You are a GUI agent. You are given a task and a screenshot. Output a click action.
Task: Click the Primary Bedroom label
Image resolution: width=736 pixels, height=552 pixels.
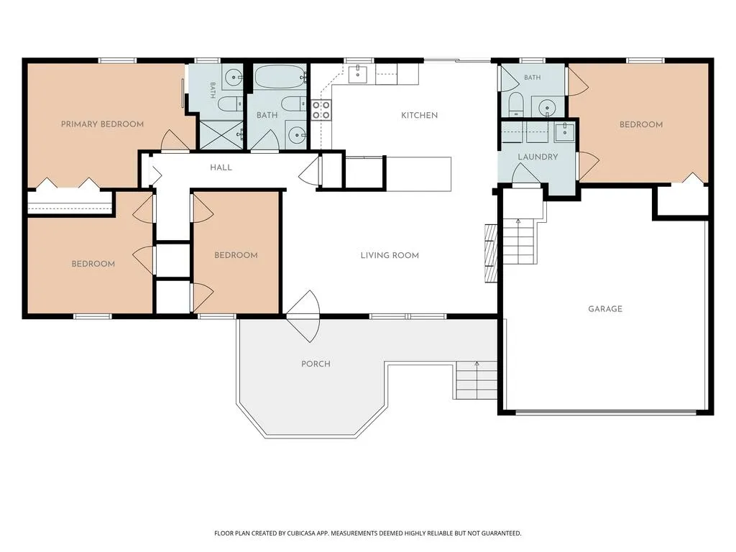pyautogui.click(x=102, y=124)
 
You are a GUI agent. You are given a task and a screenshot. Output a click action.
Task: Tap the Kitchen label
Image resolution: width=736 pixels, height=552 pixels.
pyautogui.click(x=419, y=116)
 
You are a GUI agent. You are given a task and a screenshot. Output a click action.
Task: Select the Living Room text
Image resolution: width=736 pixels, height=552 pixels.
pyautogui.click(x=390, y=255)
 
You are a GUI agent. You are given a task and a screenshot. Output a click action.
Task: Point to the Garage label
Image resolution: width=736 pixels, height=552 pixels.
pyautogui.click(x=605, y=309)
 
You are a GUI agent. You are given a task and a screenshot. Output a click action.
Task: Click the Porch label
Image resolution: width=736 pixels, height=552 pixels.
pyautogui.click(x=316, y=364)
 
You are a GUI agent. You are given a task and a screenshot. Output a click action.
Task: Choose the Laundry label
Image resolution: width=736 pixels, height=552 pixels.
pyautogui.click(x=538, y=157)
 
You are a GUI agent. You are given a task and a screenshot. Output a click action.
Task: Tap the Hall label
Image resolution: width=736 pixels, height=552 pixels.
pyautogui.click(x=221, y=167)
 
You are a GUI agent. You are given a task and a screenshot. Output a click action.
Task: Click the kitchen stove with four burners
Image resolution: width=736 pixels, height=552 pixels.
pyautogui.click(x=321, y=110)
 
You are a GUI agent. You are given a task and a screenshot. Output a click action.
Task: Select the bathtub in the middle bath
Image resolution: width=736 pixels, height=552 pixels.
pyautogui.click(x=280, y=76)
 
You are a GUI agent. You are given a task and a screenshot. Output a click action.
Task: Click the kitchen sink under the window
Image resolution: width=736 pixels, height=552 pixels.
pyautogui.click(x=358, y=74)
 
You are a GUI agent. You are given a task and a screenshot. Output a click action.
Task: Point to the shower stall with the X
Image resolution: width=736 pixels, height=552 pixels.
pyautogui.click(x=221, y=135)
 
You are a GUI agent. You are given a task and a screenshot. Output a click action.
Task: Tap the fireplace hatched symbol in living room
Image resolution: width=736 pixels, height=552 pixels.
pyautogui.click(x=491, y=254)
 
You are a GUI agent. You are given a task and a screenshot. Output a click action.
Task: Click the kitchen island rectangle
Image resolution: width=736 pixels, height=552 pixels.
pyautogui.click(x=418, y=174)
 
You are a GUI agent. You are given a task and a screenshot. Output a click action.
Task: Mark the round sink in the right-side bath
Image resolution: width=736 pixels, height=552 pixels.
pyautogui.click(x=547, y=108)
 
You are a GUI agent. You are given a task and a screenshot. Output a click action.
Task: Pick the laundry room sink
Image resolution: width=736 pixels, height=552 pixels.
pyautogui.click(x=565, y=132)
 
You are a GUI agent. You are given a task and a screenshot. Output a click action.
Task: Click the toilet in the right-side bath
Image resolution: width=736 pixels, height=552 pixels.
pyautogui.click(x=515, y=104)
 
